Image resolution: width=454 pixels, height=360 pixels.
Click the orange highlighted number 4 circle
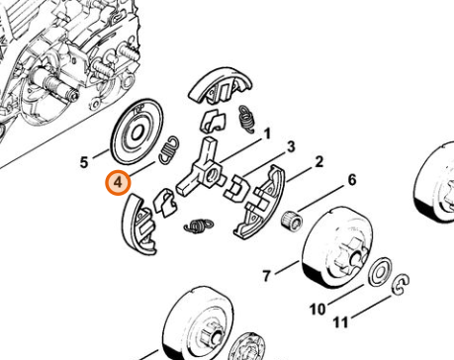[x=118, y=182]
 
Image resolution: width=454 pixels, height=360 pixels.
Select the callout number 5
[x=84, y=163]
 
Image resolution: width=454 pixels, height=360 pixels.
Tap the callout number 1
[x=267, y=134]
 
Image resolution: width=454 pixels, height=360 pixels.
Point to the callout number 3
[x=291, y=146]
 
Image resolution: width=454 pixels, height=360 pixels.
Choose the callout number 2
[x=318, y=162]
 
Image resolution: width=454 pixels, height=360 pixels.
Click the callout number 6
[x=352, y=180]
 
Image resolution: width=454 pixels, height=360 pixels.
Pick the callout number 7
[x=267, y=276]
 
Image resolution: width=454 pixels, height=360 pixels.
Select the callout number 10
[x=318, y=310]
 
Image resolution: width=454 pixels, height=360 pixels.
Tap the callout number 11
[x=340, y=322]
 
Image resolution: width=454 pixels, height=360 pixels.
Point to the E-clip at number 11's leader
[x=402, y=285]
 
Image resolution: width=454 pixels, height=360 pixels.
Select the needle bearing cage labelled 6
[x=292, y=220]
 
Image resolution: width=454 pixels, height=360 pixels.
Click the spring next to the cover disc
[x=169, y=149]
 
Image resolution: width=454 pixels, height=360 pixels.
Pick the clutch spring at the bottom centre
[x=199, y=226]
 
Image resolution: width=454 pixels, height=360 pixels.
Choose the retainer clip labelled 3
[x=237, y=188]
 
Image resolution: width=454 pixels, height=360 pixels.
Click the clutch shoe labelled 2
[x=259, y=202]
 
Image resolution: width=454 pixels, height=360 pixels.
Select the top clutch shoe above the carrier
[x=220, y=86]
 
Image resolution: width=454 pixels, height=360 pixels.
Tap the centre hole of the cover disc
[x=136, y=133]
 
